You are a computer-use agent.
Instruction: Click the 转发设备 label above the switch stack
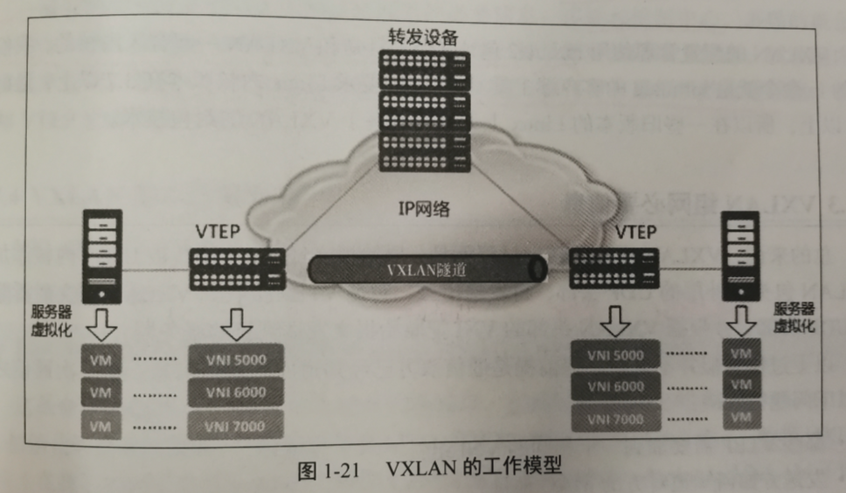424,37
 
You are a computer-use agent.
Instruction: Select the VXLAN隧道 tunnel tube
428,268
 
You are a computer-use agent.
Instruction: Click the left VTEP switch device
237,268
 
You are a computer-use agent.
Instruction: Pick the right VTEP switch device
614,267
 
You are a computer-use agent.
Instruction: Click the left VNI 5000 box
237,360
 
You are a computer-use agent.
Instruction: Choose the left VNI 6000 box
237,392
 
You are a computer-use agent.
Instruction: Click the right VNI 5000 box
615,355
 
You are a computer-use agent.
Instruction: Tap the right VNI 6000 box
615,386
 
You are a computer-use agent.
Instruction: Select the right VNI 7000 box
615,418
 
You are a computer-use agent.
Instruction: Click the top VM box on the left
101,361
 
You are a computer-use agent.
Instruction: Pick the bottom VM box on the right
741,417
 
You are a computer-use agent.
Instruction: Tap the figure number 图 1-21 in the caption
331,469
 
